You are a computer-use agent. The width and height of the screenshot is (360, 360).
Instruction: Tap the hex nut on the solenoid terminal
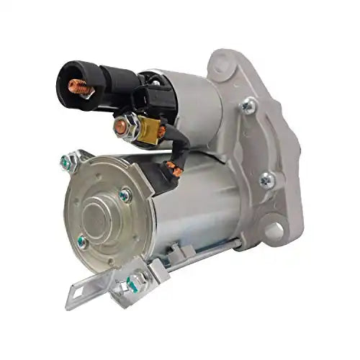coord(122,127)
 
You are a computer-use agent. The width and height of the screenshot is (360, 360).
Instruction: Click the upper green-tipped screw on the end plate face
coord(126,194)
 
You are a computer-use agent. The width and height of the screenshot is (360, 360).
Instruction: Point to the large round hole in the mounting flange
coord(276,230)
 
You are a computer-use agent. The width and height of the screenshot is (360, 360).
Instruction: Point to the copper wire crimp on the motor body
coord(171,171)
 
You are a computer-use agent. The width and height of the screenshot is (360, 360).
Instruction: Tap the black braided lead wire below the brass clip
coord(171,148)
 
